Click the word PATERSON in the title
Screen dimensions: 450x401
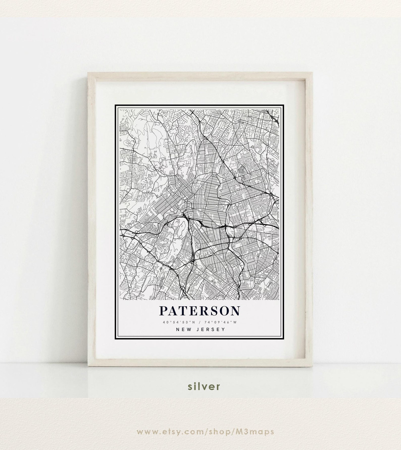(x=199, y=311)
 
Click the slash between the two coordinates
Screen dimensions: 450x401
(x=199, y=322)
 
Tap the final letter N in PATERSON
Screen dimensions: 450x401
(x=235, y=311)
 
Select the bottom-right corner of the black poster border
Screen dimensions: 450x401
(x=284, y=340)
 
